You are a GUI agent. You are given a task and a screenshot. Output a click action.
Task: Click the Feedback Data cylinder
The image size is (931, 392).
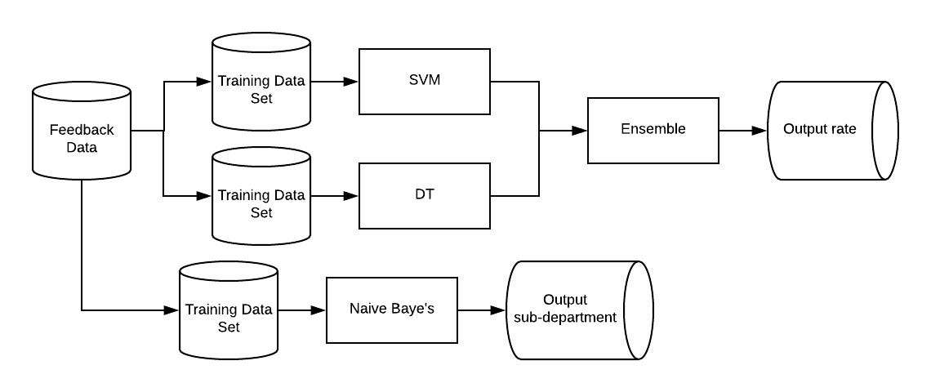pyautogui.click(x=82, y=131)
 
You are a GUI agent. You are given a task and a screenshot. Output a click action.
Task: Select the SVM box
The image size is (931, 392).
pyautogui.click(x=425, y=82)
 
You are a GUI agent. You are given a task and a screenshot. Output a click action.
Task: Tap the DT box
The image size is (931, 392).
pyautogui.click(x=425, y=196)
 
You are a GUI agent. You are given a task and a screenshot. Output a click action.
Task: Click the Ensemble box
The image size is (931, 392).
pyautogui.click(x=653, y=130)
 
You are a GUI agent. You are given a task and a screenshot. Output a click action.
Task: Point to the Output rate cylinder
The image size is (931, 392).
pyautogui.click(x=825, y=131)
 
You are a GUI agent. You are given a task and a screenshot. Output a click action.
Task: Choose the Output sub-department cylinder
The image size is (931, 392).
pyautogui.click(x=572, y=310)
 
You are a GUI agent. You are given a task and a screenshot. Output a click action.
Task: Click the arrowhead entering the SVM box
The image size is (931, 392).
pyautogui.click(x=353, y=82)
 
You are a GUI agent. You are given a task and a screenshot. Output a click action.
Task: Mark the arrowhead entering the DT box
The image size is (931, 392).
pyautogui.click(x=353, y=196)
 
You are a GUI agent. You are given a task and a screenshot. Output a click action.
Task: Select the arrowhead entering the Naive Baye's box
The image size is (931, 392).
pyautogui.click(x=320, y=310)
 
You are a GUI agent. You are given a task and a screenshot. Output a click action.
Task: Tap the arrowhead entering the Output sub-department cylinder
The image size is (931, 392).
pyautogui.click(x=500, y=310)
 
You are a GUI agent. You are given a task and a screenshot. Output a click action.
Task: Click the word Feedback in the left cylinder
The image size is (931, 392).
pyautogui.click(x=82, y=130)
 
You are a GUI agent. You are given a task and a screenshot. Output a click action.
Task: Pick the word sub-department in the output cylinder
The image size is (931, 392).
pyautogui.click(x=560, y=318)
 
